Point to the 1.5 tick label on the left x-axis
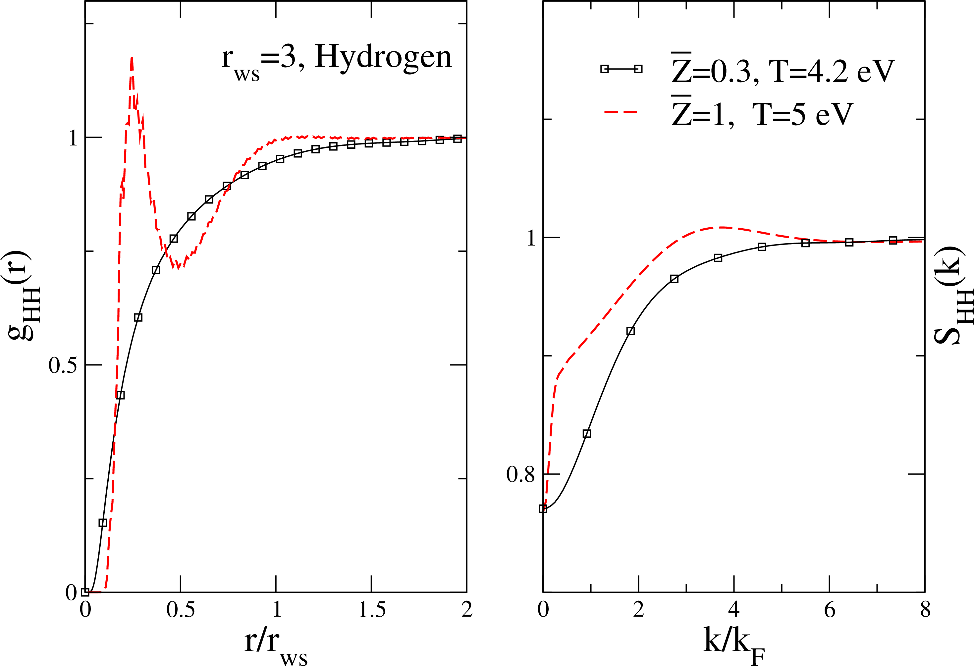pos(372,610)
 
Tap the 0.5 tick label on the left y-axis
pos(63,365)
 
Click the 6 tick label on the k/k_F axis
pos(830,610)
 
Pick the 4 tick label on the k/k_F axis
pos(734,610)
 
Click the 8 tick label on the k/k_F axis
pos(925,610)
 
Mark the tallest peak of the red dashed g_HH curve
pos(132,59)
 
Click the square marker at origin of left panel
pos(85,592)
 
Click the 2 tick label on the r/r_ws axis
pos(467,610)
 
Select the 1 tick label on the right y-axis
pos(531,238)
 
